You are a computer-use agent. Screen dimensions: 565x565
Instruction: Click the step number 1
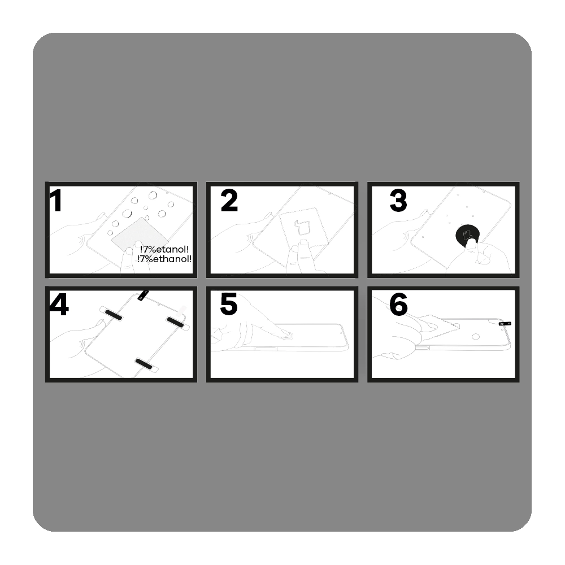tap(56, 201)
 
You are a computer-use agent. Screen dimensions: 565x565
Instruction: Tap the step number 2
tap(229, 201)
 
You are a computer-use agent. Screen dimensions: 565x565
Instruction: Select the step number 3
tap(398, 201)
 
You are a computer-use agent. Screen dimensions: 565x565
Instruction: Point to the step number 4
tap(59, 305)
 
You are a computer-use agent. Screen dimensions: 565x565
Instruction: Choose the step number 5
tap(229, 305)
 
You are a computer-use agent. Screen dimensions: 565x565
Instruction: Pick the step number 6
tap(398, 305)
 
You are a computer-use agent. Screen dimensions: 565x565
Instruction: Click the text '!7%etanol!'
tap(164, 249)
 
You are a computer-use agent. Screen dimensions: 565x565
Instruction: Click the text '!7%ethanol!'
tap(164, 259)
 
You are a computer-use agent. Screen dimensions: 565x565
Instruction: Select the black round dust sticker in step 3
tap(468, 236)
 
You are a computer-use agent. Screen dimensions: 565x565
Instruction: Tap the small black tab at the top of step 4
tap(143, 295)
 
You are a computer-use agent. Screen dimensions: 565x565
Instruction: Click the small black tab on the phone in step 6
tap(505, 324)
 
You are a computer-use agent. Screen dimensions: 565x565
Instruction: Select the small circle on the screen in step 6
tap(476, 337)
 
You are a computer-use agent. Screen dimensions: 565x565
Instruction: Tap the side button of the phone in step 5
tap(266, 349)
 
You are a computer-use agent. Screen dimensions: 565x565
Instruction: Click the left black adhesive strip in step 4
tap(112, 314)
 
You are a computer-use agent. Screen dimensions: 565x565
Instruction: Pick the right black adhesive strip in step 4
tap(176, 322)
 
